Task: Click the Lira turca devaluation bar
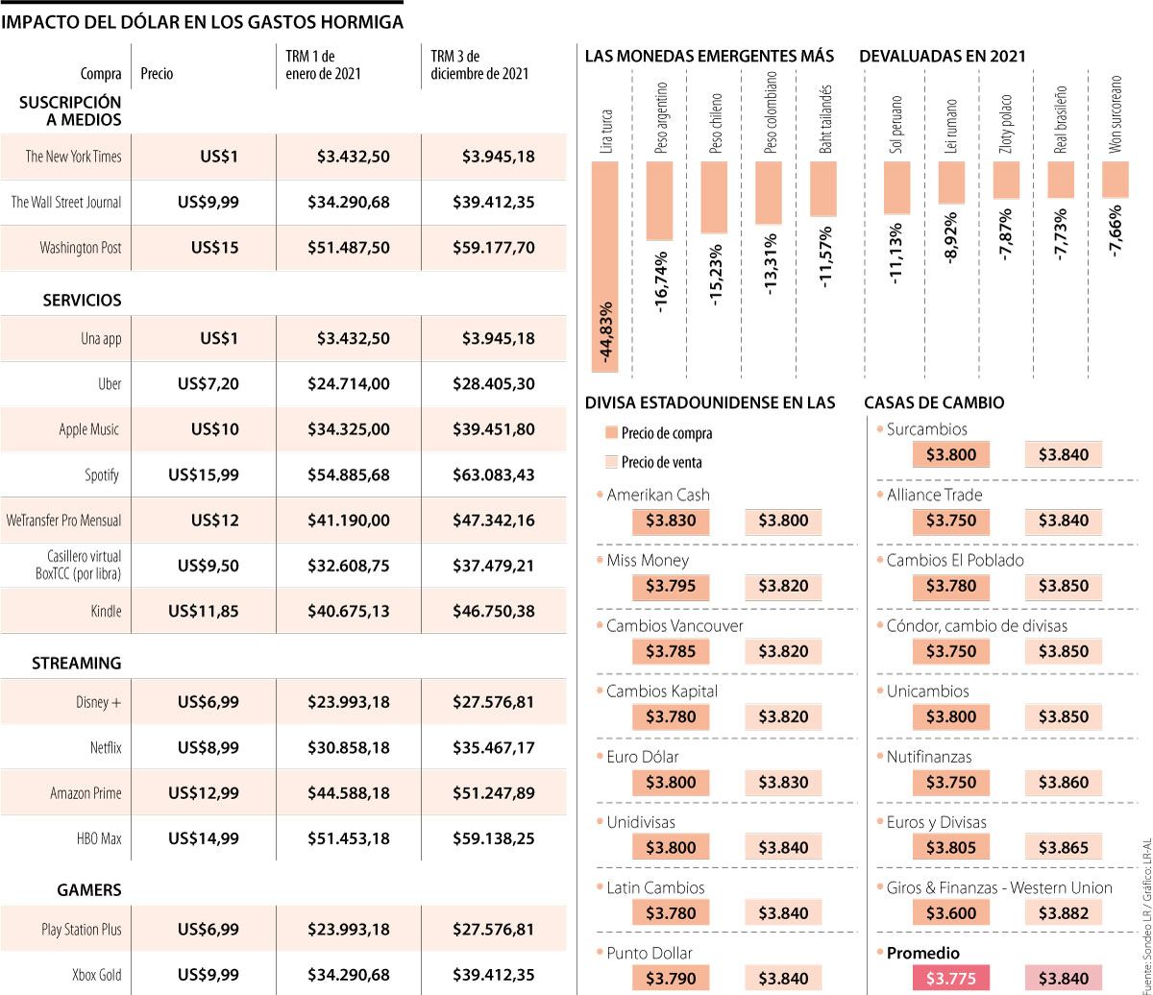[604, 266]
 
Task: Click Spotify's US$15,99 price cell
[204, 474]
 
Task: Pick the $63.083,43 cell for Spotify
[493, 474]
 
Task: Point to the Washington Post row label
[81, 248]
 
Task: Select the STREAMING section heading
[77, 663]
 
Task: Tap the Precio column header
[158, 73]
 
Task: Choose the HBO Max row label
[100, 838]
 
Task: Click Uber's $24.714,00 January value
[348, 384]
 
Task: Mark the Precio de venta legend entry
[661, 462]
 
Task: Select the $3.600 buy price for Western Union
[951, 913]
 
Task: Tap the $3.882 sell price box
[1063, 913]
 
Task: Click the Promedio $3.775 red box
[951, 979]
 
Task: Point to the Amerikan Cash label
[658, 495]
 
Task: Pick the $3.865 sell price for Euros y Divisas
[1063, 848]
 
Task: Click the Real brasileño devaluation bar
[1061, 180]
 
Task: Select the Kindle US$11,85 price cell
[204, 611]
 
